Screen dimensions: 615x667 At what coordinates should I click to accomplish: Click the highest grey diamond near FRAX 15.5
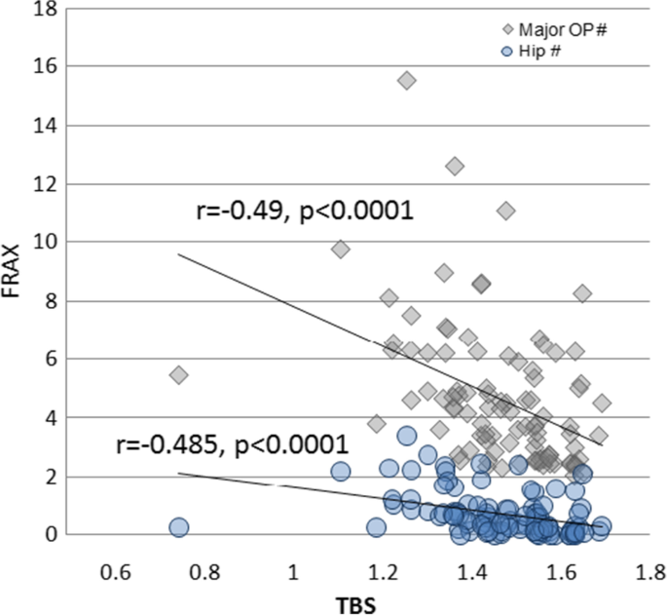[x=407, y=80]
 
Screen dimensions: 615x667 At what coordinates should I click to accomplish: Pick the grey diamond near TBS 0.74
[x=178, y=375]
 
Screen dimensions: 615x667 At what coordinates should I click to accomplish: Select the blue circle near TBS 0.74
[x=178, y=527]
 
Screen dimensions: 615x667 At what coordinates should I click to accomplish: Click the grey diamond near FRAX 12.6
[x=454, y=167]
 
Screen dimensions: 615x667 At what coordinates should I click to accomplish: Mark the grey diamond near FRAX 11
[x=505, y=211]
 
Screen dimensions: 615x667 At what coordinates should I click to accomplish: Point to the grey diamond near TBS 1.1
[x=340, y=250]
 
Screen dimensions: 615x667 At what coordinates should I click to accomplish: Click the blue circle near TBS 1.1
[x=340, y=472]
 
